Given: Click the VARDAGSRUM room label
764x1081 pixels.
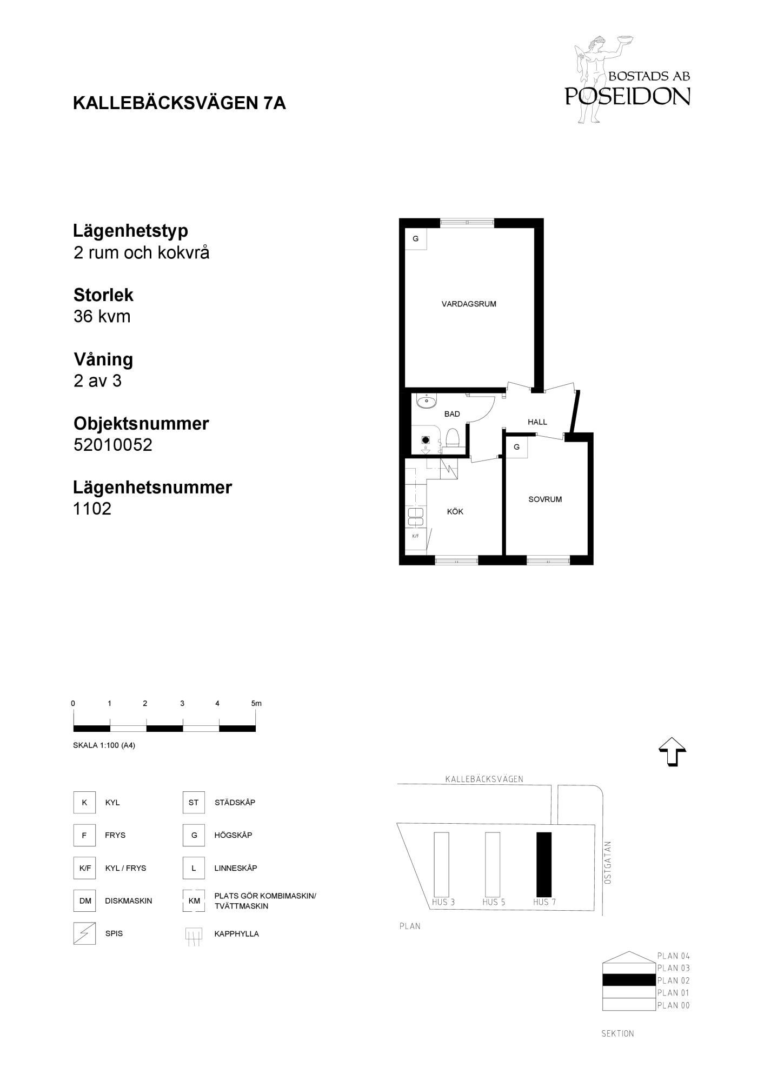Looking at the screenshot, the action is tap(469, 304).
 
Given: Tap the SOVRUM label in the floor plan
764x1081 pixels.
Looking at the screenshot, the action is tap(545, 499).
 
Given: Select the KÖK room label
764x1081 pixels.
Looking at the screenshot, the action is tap(455, 511).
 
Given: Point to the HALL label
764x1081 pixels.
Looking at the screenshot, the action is tap(537, 422).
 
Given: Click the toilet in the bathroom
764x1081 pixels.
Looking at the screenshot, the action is tap(453, 438).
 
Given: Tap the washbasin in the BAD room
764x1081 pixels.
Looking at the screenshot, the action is tap(427, 401).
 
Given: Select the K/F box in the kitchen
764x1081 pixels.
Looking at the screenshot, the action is tap(415, 536).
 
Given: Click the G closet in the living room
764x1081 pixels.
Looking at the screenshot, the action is tap(416, 238).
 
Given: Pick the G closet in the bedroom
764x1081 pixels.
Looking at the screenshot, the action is tap(517, 448).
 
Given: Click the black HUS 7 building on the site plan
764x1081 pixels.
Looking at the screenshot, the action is tap(544, 865).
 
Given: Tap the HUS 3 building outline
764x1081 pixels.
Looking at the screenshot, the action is tap(441, 865).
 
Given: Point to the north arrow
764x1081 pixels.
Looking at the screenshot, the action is tap(672, 752).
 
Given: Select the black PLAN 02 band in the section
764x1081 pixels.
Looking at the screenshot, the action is tap(629, 980).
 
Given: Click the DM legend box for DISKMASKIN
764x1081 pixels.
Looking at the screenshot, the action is tap(85, 901).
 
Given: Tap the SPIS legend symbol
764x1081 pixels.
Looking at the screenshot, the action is tap(84, 933).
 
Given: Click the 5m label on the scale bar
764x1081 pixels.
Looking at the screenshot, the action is tap(256, 703).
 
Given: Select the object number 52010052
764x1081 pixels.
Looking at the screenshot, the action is tap(113, 445).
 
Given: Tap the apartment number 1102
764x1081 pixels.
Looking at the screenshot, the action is tap(92, 509).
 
